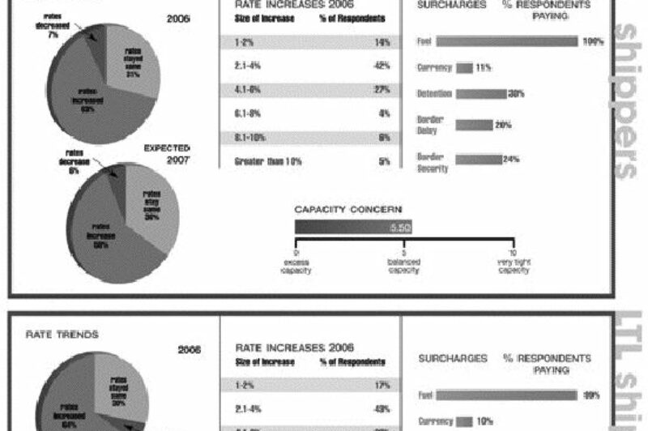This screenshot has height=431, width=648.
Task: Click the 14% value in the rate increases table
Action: point(384,42)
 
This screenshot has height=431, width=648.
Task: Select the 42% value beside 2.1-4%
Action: point(384,66)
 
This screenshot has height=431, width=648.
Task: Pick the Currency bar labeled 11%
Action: point(464,68)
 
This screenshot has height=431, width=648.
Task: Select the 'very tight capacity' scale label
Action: point(513,267)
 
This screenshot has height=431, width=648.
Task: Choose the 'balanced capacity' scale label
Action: point(403,267)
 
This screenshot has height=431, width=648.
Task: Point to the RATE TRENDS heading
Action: point(51,332)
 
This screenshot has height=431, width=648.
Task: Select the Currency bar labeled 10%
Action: point(464,421)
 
